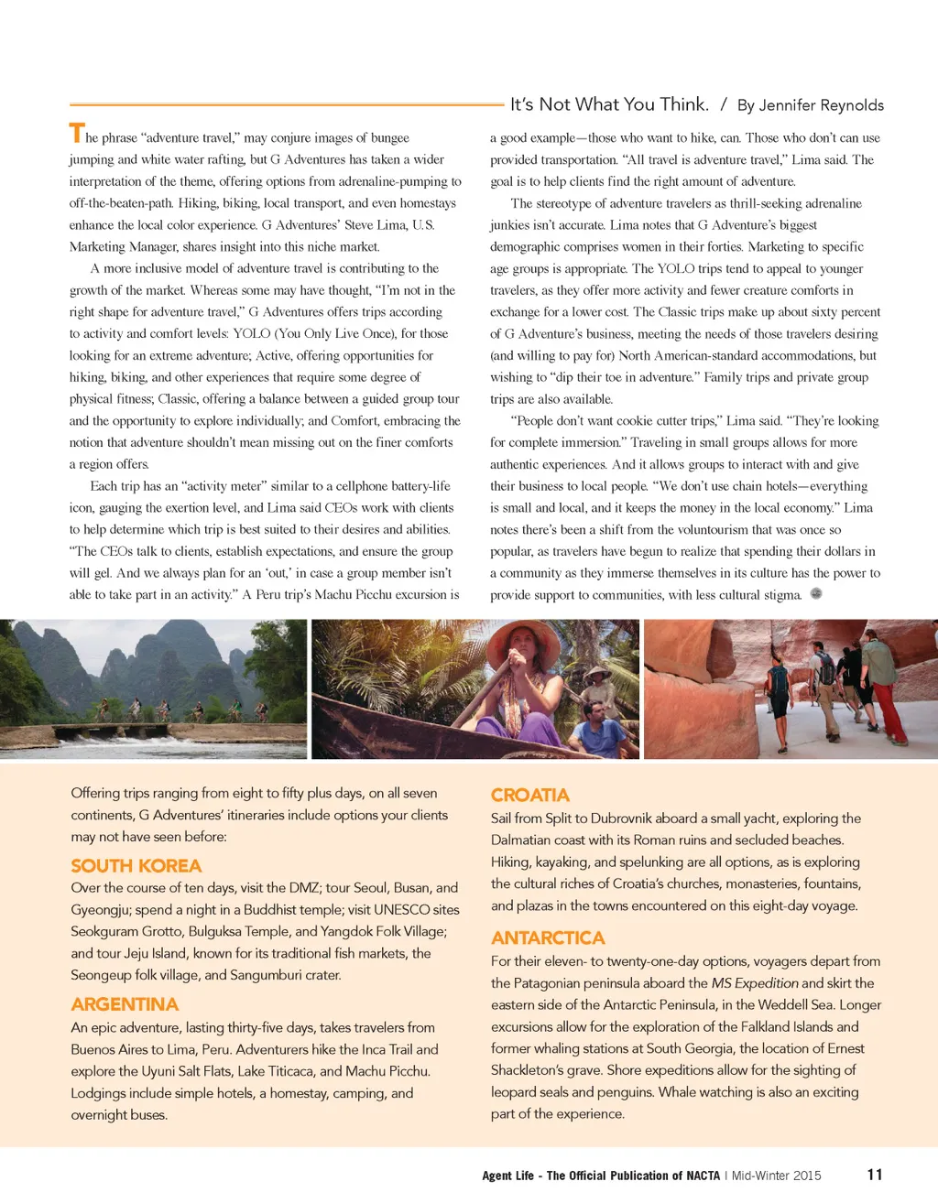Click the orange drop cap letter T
77,134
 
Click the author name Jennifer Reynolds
821,105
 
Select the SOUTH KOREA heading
136,866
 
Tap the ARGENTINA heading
125,1004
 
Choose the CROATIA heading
529,795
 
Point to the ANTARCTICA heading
548,937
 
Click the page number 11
875,1175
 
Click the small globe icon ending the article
816,593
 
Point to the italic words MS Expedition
755,983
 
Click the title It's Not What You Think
609,104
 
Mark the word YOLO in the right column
676,269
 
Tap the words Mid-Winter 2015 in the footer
776,1176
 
